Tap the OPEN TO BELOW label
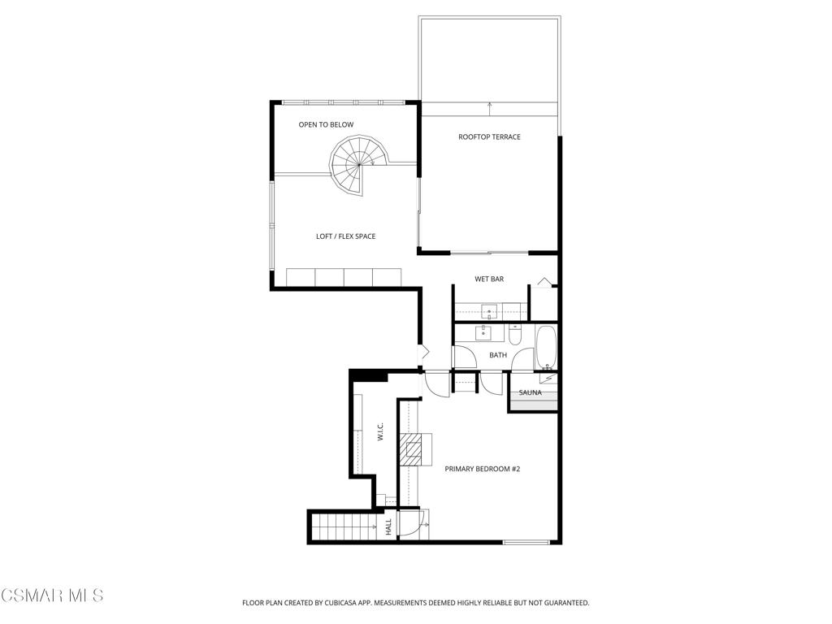coord(326,124)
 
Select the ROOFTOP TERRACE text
coord(489,136)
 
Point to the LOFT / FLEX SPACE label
coord(345,236)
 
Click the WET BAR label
coord(489,279)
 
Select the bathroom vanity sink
coord(484,331)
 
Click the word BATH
coord(497,355)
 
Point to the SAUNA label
coord(531,392)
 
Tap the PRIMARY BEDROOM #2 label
coord(482,469)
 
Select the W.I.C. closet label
coord(380,432)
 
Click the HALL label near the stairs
coord(388,526)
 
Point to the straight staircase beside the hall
coord(342,527)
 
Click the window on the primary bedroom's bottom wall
coord(526,542)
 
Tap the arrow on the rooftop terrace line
coord(489,105)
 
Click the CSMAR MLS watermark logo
coord(52,596)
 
